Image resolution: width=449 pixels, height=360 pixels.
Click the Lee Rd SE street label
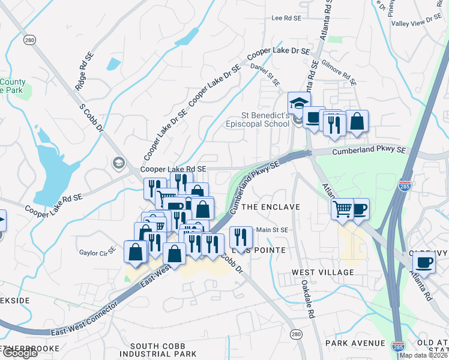pyautogui.click(x=286, y=19)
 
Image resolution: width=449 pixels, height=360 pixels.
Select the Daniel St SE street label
pyautogui.click(x=265, y=74)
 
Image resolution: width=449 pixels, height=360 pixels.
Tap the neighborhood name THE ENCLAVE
pyautogui.click(x=271, y=207)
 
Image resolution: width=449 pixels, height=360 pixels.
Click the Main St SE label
pyautogui.click(x=273, y=230)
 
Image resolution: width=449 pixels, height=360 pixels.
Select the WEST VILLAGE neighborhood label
pyautogui.click(x=322, y=272)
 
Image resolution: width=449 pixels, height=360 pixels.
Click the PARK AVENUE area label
pyautogui.click(x=355, y=343)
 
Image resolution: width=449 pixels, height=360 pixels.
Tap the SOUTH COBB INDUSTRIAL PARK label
pyautogui.click(x=163, y=350)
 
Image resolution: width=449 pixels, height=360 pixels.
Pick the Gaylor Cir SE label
pyautogui.click(x=97, y=253)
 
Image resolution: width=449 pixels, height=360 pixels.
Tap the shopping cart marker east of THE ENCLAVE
pyautogui.click(x=343, y=209)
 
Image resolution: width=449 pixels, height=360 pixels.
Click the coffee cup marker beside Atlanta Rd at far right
pyautogui.click(x=424, y=262)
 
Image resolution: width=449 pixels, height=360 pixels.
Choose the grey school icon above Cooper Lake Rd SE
pyautogui.click(x=118, y=163)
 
